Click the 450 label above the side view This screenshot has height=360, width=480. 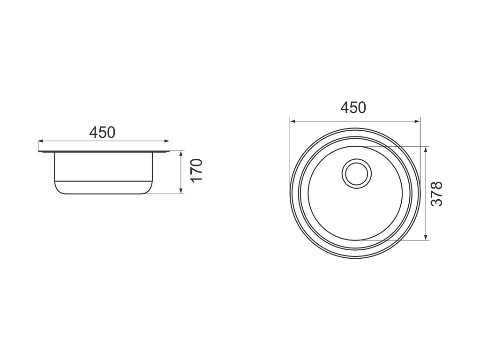102,132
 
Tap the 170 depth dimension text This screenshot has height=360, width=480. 197,170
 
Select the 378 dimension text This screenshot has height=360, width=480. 436,194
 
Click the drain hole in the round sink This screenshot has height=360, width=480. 357,173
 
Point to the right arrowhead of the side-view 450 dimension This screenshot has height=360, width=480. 166,141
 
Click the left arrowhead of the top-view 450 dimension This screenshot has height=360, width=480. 292,121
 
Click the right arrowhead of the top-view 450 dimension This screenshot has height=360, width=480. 417,121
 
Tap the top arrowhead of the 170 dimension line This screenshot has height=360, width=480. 181,154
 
